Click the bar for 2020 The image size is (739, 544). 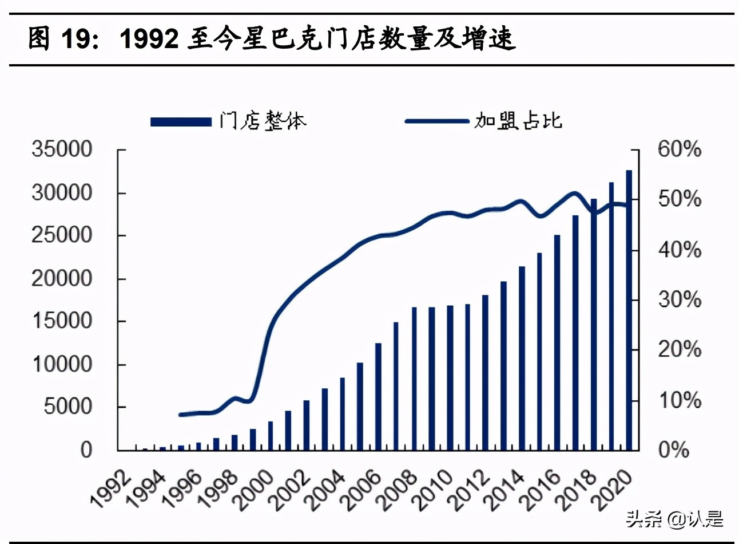point(629,310)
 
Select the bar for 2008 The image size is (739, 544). point(414,379)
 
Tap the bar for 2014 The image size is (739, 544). point(522,358)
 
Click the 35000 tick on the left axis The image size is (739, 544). point(62,149)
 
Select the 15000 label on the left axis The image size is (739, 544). point(62,321)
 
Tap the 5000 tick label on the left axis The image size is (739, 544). point(67,407)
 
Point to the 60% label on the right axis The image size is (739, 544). point(680,149)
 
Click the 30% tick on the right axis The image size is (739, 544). point(680,299)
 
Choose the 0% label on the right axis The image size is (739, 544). point(674,450)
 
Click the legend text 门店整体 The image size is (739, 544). point(263,121)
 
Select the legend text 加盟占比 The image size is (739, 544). point(518,121)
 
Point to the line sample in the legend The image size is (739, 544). point(436,121)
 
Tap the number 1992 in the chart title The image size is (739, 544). point(149,39)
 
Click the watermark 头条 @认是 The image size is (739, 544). point(674,519)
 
